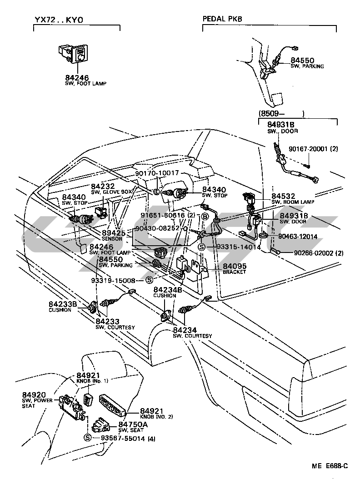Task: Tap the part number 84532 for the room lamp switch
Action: (x=283, y=195)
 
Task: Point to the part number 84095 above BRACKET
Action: (x=234, y=266)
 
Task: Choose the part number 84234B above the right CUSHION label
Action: (x=167, y=289)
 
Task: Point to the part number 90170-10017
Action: (x=157, y=173)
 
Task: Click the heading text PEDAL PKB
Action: (x=222, y=19)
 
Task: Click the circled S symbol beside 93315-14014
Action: (x=200, y=247)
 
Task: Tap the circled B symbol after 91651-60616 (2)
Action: (x=205, y=216)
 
